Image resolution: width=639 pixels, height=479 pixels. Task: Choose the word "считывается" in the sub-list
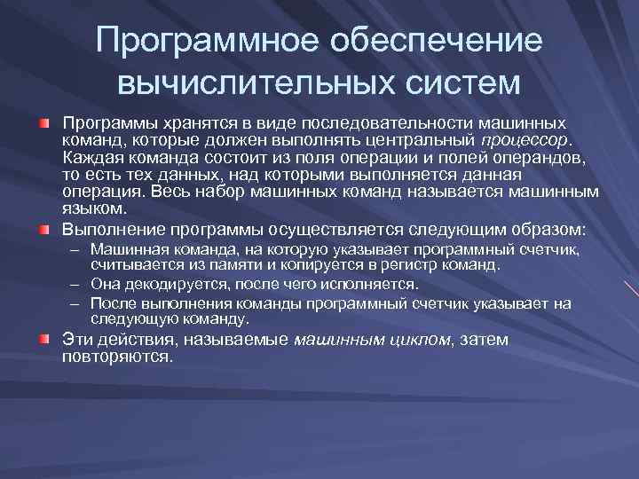coord(128,264)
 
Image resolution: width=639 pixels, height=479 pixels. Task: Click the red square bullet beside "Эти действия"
coord(43,338)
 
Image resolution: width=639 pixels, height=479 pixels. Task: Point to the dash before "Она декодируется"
coord(77,284)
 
